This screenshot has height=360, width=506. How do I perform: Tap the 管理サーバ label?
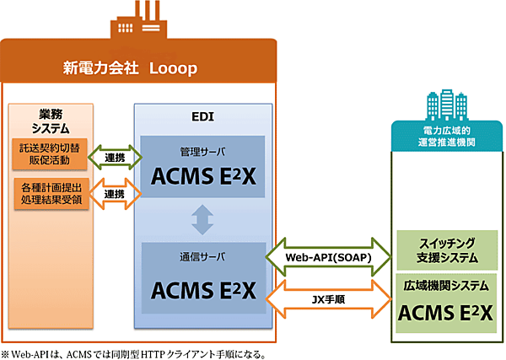coord(203,153)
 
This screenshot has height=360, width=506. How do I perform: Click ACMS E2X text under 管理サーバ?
coord(203,180)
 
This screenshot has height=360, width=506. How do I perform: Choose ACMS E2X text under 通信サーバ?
coord(203,287)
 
